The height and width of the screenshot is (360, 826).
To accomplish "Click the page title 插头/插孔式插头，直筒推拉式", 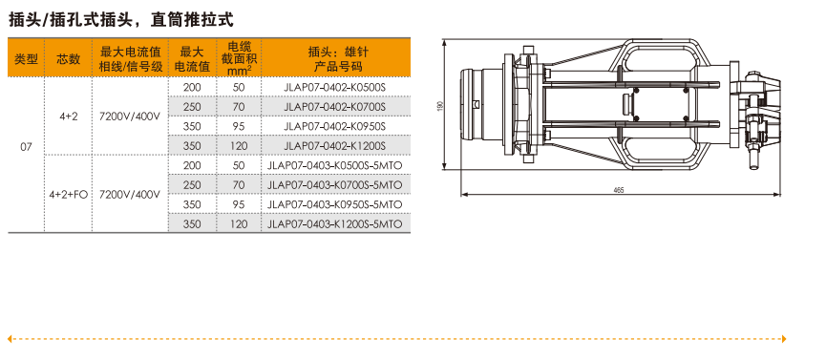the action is click(121, 20).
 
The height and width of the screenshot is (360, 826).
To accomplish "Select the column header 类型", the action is click(26, 59).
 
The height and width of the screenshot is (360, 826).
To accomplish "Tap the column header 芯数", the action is click(69, 59).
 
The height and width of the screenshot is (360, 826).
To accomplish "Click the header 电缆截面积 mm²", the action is click(239, 58).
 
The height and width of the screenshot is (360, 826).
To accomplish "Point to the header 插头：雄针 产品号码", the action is click(335, 59).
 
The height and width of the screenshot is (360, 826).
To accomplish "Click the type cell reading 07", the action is click(27, 147).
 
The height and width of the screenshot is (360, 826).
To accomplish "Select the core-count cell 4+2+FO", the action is click(69, 195).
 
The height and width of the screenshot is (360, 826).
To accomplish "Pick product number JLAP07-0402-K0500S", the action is click(335, 87).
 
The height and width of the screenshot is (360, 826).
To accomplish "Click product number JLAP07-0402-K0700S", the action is click(335, 107).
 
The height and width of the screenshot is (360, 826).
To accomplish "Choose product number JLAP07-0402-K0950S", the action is click(335, 126).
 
